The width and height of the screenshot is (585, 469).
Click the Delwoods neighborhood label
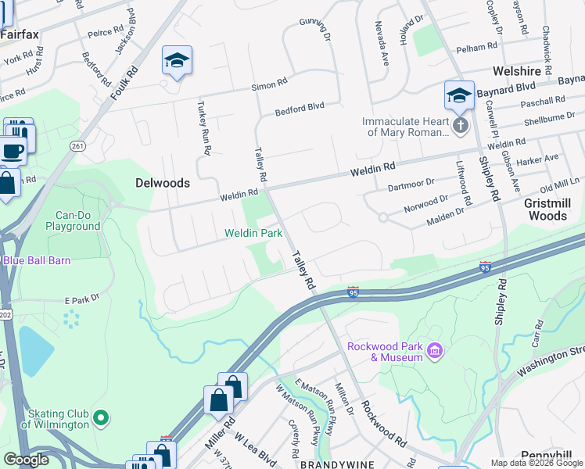[162, 183]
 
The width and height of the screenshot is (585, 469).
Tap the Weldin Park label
[253, 233]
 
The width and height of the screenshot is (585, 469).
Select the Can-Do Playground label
[77, 220]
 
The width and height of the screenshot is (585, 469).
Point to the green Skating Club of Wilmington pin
[99, 418]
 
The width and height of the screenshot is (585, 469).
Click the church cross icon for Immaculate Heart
[461, 125]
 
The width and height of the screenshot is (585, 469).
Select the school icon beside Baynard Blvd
[459, 95]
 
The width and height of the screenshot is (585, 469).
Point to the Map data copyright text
[537, 463]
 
